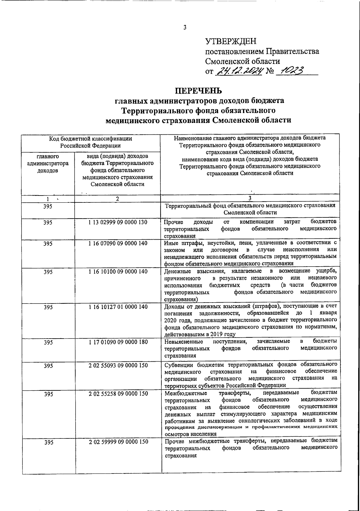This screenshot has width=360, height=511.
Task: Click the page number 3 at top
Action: click(x=185, y=28)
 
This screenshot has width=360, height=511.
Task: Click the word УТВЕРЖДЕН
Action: click(x=231, y=41)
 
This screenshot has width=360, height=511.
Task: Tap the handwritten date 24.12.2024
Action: click(x=239, y=71)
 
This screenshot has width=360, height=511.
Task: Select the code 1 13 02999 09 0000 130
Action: click(x=118, y=222)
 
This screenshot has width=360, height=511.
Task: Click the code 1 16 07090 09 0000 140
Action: click(x=118, y=243)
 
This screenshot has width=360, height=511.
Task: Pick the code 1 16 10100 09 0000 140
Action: click(x=118, y=271)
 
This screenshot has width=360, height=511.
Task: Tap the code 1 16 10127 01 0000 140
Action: click(x=118, y=307)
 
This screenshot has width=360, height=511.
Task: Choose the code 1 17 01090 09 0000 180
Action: click(x=118, y=342)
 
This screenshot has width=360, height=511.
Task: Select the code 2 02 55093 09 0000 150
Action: click(x=118, y=365)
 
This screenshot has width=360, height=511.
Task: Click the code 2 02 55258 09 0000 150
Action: click(x=118, y=393)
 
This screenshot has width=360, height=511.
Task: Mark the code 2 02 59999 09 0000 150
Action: click(x=118, y=442)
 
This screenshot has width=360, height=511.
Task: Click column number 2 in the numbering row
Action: click(x=117, y=199)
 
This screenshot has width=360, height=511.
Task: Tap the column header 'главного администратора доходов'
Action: click(x=48, y=163)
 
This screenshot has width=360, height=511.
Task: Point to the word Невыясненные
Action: click(x=184, y=342)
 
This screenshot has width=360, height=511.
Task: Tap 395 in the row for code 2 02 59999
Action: click(x=48, y=443)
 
